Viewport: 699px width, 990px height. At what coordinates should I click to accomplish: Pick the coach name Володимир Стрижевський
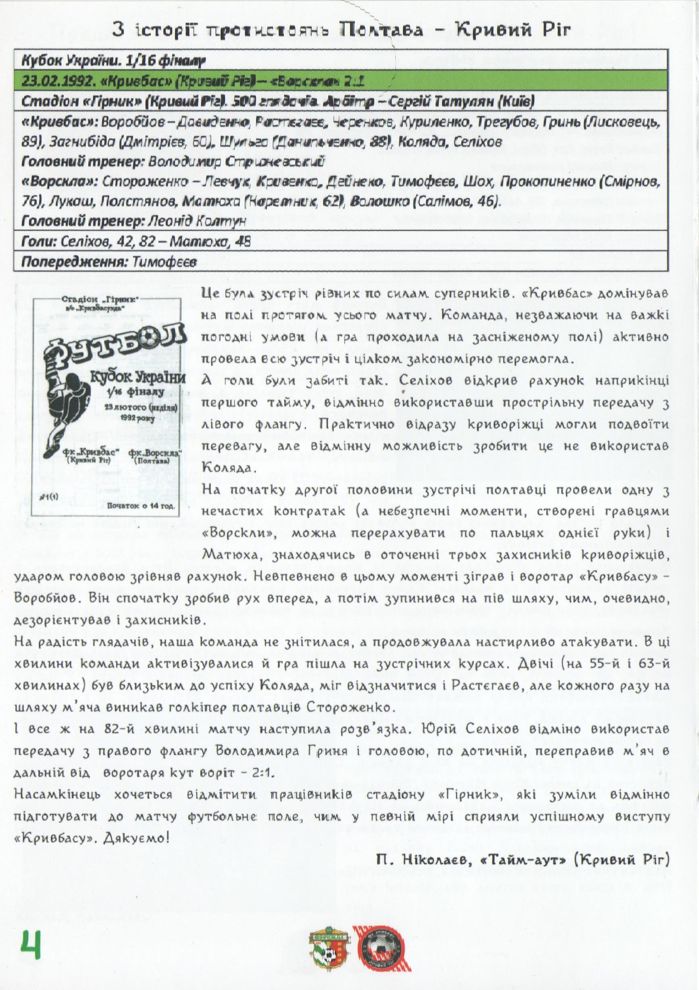(x=236, y=161)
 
